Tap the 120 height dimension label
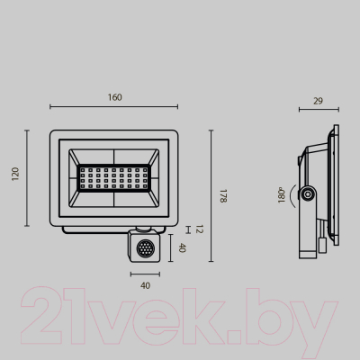(x=14, y=173)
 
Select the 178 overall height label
(x=222, y=195)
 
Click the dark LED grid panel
(x=112, y=176)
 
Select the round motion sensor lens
(x=143, y=247)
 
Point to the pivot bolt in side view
(x=309, y=194)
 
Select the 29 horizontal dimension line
(x=319, y=111)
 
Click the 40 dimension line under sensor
(x=144, y=272)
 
